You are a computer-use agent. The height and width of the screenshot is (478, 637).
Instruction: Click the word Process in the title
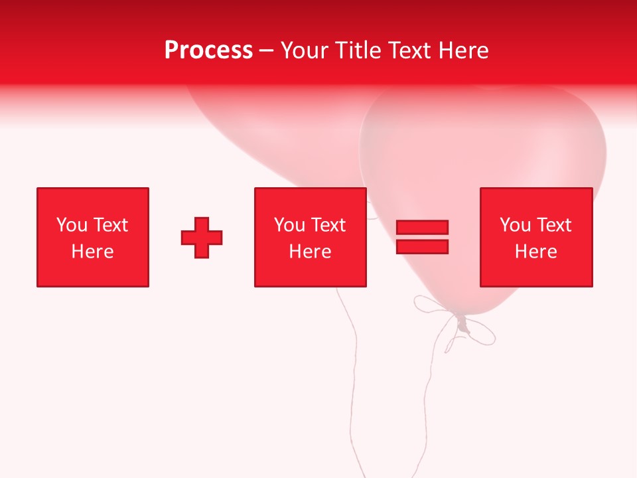pyautogui.click(x=208, y=50)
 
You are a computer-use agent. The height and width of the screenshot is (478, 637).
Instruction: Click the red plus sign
pyautogui.click(x=202, y=237)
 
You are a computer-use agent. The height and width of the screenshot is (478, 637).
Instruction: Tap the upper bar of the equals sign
pyautogui.click(x=422, y=227)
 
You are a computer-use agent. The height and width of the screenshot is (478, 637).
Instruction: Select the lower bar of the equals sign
pyautogui.click(x=422, y=246)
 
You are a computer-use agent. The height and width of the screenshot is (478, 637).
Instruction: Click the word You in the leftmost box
pyautogui.click(x=72, y=225)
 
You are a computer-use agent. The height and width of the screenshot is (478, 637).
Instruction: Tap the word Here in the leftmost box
pyautogui.click(x=92, y=252)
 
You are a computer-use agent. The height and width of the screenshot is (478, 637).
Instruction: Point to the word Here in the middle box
pyautogui.click(x=310, y=252)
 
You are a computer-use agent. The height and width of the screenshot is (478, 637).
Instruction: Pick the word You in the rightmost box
pyautogui.click(x=515, y=225)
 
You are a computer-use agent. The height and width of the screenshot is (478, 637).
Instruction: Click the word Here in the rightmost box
pyautogui.click(x=535, y=252)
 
